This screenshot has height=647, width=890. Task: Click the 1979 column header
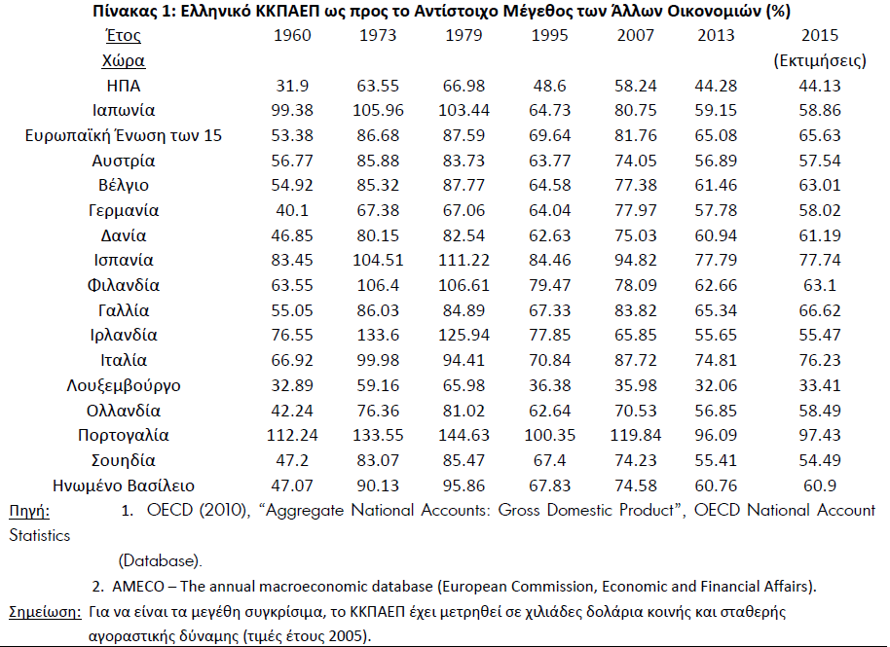464,36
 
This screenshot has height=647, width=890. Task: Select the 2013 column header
715,36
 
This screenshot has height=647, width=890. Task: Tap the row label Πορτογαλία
123,436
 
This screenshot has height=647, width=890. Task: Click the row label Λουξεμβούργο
123,385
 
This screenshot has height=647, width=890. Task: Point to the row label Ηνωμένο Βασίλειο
123,485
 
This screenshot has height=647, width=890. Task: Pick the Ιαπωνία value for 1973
378,111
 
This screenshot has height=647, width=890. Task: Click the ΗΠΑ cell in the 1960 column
292,86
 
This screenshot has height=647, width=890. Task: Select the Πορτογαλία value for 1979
464,436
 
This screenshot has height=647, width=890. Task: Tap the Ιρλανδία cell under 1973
378,335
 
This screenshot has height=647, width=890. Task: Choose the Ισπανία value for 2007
635,261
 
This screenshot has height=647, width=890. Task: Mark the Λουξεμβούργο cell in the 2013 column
715,385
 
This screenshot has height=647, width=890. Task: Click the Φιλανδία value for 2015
820,285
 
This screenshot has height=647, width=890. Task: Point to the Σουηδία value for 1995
549,460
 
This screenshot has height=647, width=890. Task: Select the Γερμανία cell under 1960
292,210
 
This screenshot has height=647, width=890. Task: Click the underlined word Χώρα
123,60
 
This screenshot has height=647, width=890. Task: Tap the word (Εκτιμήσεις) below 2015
820,60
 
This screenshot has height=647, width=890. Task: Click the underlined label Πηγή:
29,512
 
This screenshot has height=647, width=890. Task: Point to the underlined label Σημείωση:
46,612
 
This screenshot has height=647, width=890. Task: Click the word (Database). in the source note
160,560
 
